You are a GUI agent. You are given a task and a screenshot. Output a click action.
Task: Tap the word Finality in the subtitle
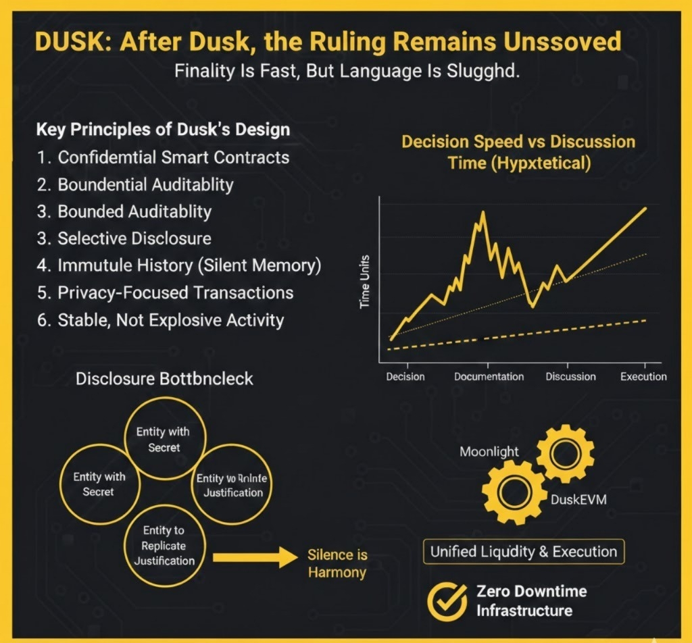[x=201, y=72]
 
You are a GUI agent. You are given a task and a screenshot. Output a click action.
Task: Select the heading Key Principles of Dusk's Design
[x=162, y=129]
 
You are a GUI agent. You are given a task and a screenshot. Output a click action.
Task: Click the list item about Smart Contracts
[x=164, y=157]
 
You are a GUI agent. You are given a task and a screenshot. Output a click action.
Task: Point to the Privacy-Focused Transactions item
[x=166, y=292]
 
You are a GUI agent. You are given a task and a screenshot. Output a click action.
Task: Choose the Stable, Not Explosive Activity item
[x=160, y=319]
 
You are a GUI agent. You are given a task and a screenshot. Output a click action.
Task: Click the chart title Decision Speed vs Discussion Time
[x=518, y=152]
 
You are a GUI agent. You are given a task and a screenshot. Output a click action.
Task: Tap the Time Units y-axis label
[x=365, y=282]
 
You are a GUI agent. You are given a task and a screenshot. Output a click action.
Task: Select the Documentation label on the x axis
[x=489, y=376]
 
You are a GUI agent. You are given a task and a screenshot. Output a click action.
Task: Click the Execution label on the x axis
[x=643, y=376]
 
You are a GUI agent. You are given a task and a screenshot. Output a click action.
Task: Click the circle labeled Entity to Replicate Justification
[x=164, y=546]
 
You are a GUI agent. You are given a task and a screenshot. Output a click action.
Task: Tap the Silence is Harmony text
[x=337, y=563]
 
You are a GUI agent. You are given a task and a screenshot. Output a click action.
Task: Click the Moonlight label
[x=489, y=451]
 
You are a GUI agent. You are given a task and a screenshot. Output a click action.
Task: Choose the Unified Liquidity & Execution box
[x=524, y=551]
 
